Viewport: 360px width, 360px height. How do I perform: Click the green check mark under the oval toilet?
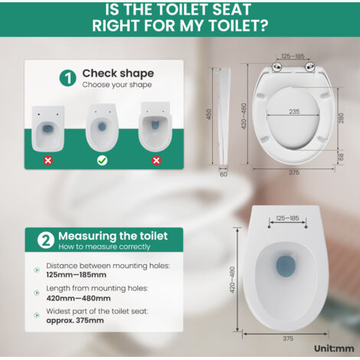tap(102, 161)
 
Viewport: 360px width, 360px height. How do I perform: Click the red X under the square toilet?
tap(48, 161)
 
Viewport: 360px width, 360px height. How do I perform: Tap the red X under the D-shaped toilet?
tap(156, 161)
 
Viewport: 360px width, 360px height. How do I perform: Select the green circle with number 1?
tap(68, 78)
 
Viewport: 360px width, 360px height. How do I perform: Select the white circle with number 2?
tap(46, 240)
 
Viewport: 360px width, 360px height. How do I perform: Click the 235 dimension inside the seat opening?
tap(294, 112)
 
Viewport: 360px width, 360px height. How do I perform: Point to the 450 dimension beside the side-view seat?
tap(209, 114)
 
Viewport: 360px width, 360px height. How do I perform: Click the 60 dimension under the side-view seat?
tap(224, 174)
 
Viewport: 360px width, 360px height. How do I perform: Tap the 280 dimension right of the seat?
tap(341, 118)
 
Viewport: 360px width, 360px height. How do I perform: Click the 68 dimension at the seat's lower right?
tap(341, 157)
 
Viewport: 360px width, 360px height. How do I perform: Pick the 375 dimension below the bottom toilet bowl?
tap(288, 339)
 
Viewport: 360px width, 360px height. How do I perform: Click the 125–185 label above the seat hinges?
tap(293, 56)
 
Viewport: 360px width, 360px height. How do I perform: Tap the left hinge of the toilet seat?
tap(277, 67)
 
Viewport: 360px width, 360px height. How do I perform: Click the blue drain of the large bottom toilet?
tap(286, 266)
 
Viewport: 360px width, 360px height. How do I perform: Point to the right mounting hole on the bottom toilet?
tap(306, 227)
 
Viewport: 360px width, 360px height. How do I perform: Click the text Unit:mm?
tap(334, 349)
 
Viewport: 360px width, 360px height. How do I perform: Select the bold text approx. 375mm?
tap(75, 320)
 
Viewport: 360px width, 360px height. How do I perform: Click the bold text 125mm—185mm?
tap(77, 275)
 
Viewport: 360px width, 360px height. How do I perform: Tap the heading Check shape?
tap(118, 74)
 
